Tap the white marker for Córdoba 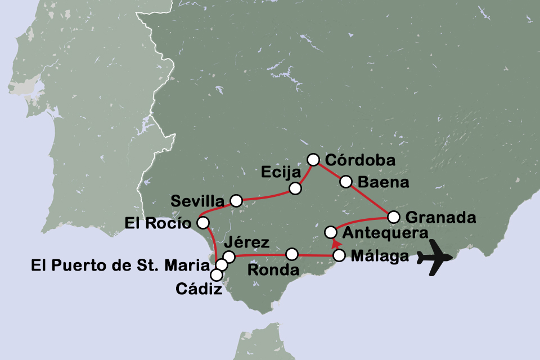(313, 160)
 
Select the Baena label (383, 182)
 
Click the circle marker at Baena (346, 182)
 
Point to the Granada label (441, 217)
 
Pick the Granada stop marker (394, 217)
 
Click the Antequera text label (385, 232)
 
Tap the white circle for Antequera (331, 232)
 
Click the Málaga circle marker (339, 255)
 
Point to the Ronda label (273, 270)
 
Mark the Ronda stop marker (291, 254)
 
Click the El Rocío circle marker (202, 223)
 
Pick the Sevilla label (197, 201)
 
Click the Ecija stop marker (294, 188)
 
